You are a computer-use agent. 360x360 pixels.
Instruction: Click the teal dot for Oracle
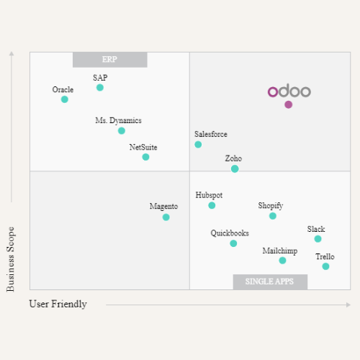tap(65, 99)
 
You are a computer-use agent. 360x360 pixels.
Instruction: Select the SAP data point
tap(100, 87)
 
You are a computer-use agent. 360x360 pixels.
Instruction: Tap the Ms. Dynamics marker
tap(121, 130)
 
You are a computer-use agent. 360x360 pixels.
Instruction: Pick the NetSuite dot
tap(145, 157)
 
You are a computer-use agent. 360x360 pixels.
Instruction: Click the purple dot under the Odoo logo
tap(288, 104)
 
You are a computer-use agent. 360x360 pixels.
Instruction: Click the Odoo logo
tap(289, 91)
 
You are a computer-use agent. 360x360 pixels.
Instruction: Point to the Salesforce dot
tap(198, 145)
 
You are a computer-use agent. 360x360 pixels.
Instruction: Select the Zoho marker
tap(235, 168)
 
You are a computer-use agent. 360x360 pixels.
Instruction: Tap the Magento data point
tap(166, 217)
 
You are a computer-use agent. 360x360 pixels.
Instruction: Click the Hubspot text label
tap(209, 195)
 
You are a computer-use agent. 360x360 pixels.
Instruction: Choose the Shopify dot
tap(273, 216)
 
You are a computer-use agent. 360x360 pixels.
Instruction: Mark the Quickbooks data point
tap(233, 243)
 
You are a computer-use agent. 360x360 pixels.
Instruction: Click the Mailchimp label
tap(279, 251)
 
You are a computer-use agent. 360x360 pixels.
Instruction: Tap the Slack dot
tap(318, 239)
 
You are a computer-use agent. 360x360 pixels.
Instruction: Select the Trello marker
tap(325, 266)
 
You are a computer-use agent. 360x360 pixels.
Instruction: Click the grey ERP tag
tap(109, 60)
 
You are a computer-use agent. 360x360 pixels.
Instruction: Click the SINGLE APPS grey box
tap(270, 282)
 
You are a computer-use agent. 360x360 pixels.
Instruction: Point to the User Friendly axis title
tap(58, 304)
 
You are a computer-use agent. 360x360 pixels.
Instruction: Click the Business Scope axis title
tap(11, 259)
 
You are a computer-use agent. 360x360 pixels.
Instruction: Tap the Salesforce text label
tap(211, 134)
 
